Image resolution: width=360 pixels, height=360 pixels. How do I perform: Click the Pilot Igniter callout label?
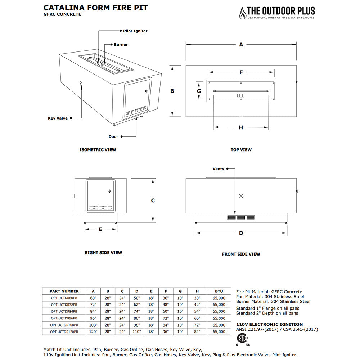135,31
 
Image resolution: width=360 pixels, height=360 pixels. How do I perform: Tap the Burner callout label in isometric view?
121,45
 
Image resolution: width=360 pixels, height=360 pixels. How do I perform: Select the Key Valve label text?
58,118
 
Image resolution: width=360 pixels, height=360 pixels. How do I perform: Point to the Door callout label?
113,136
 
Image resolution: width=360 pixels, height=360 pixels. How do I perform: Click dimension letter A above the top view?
241,45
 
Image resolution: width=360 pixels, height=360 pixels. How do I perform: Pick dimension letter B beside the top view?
172,91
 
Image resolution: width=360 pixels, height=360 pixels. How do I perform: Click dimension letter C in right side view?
153,201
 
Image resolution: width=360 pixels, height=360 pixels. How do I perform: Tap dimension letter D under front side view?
241,233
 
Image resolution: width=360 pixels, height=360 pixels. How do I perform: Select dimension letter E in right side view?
100,229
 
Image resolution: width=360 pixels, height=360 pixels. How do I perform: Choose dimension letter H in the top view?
241,127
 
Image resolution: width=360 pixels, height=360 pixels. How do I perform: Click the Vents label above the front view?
218,169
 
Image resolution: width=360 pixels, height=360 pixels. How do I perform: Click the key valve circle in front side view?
241,196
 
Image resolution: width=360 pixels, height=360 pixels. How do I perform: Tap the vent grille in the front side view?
241,218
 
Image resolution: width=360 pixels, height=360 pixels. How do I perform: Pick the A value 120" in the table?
93,332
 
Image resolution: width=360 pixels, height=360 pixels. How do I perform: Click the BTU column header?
219,291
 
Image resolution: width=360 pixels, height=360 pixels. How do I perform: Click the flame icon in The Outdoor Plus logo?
242,13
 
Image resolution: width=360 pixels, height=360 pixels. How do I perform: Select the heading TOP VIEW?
241,150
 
